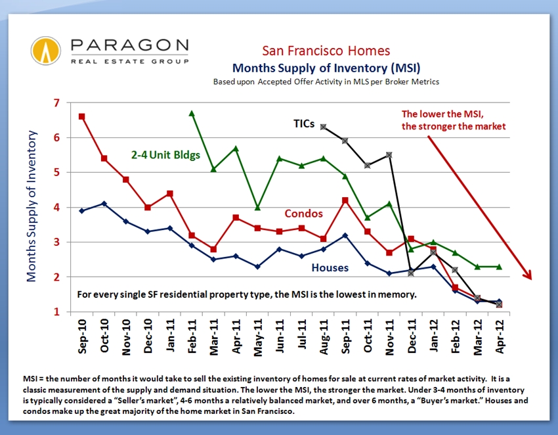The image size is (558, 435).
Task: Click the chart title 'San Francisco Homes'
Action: tap(326, 51)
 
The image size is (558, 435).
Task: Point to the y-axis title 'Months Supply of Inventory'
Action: tap(32, 206)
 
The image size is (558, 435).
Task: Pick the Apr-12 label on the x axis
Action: tap(500, 336)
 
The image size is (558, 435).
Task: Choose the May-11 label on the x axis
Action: tap(257, 336)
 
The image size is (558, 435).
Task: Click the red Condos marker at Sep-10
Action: tap(81, 116)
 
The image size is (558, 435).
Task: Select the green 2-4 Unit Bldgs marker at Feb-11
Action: tap(191, 113)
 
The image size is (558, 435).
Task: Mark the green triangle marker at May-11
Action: tap(257, 208)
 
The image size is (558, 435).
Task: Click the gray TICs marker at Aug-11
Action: tap(324, 127)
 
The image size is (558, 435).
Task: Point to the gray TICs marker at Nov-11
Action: tap(390, 154)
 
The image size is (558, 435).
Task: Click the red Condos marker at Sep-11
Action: tap(345, 200)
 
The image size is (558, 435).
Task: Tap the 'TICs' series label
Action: tap(303, 123)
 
